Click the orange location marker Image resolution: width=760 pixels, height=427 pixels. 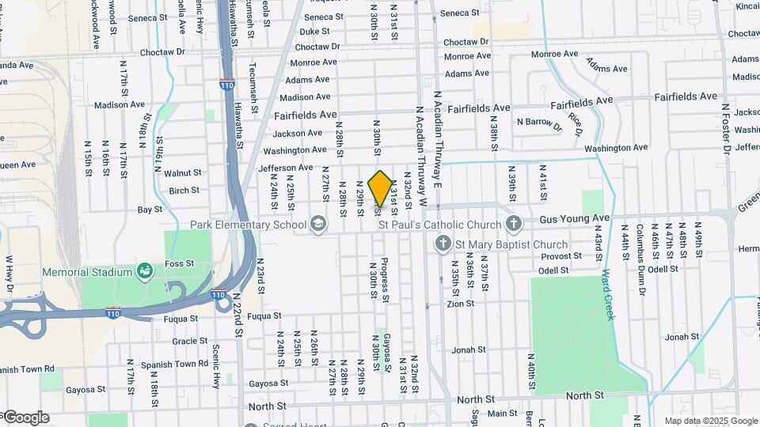pos(380,188)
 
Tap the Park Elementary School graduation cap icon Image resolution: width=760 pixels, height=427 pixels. pos(318,225)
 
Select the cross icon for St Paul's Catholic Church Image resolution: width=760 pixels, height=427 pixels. pos(513,224)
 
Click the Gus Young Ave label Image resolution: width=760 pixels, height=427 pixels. pos(575,217)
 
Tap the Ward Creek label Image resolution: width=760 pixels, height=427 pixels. pos(607,294)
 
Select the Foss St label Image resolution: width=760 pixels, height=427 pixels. pos(179,263)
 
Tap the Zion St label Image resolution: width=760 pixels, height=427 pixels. pos(460,303)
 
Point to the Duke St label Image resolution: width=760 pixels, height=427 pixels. pos(314,32)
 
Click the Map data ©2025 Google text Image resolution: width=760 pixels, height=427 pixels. pos(710,421)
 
